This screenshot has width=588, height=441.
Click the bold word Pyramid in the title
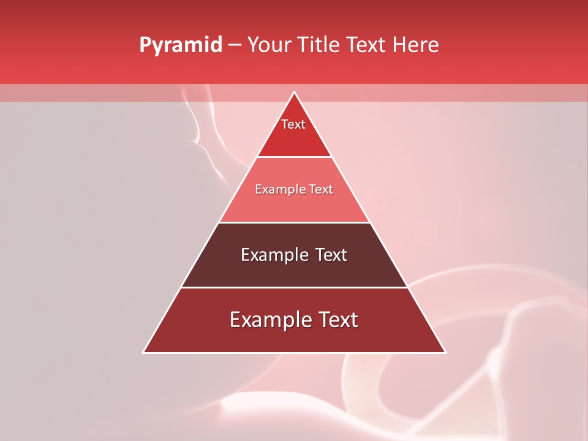pos(181,45)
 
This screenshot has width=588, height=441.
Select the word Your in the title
pos(270,45)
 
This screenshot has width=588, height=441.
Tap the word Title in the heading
pos(319,45)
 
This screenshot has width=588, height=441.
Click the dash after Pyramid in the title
pos(235,45)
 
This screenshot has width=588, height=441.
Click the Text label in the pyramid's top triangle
pos(293,124)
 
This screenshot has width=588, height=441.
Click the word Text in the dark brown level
pos(331,255)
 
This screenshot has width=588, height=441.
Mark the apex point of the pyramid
pos(294,92)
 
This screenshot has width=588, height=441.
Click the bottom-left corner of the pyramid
pos(144,352)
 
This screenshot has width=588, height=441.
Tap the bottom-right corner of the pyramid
pos(445,352)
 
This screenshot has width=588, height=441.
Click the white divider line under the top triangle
pos(294,157)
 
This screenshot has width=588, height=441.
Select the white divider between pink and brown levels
pos(294,222)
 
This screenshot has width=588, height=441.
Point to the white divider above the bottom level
pos(294,287)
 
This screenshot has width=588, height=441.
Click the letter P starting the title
pos(145,45)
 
